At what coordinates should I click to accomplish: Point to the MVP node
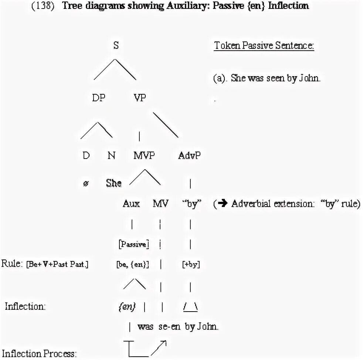click(144, 156)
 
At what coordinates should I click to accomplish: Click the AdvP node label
click(189, 156)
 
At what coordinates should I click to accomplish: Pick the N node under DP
click(111, 156)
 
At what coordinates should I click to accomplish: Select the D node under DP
click(86, 156)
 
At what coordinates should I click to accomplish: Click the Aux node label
click(131, 204)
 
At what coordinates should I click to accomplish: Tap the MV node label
click(160, 204)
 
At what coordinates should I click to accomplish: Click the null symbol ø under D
click(86, 183)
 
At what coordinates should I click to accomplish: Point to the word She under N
click(113, 183)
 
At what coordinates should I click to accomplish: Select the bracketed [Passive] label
click(133, 244)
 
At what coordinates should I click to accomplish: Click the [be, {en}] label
click(133, 265)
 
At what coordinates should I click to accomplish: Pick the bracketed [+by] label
click(191, 265)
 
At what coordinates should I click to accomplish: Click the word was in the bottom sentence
click(145, 327)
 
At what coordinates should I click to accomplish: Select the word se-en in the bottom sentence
click(169, 327)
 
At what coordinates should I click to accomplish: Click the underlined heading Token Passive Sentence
click(264, 46)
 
